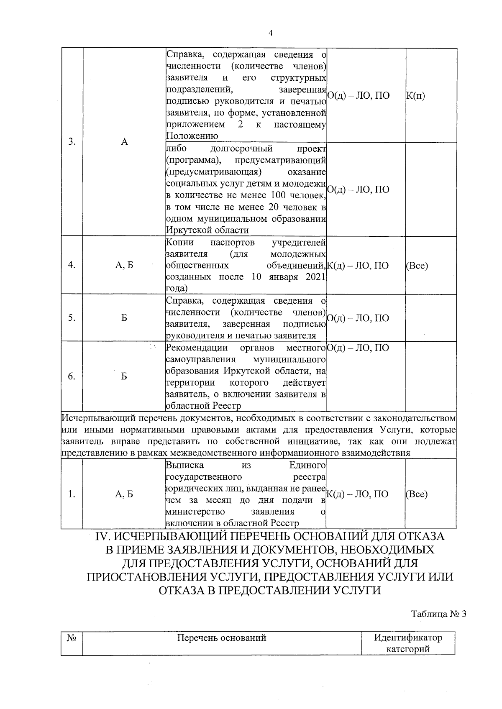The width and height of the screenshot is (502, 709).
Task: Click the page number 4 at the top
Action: click(x=270, y=33)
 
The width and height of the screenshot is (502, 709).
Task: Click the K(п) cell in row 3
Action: click(x=415, y=96)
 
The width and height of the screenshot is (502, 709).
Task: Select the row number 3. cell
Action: click(x=72, y=142)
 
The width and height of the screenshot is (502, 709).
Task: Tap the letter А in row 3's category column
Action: click(x=124, y=142)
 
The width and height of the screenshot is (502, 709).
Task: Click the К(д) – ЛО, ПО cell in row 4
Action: click(x=357, y=265)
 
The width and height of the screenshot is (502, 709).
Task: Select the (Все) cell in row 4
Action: click(x=417, y=265)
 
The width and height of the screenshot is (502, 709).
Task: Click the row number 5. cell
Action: click(x=72, y=318)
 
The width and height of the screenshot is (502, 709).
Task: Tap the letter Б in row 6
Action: click(x=124, y=376)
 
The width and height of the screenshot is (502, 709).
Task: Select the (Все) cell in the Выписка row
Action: click(x=417, y=494)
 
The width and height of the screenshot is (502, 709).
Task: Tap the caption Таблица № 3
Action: click(x=438, y=614)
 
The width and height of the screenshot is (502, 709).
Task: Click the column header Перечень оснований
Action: click(x=222, y=638)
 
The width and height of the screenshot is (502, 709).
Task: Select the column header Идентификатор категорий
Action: click(x=408, y=644)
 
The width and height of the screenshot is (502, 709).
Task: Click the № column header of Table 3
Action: click(x=71, y=638)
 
